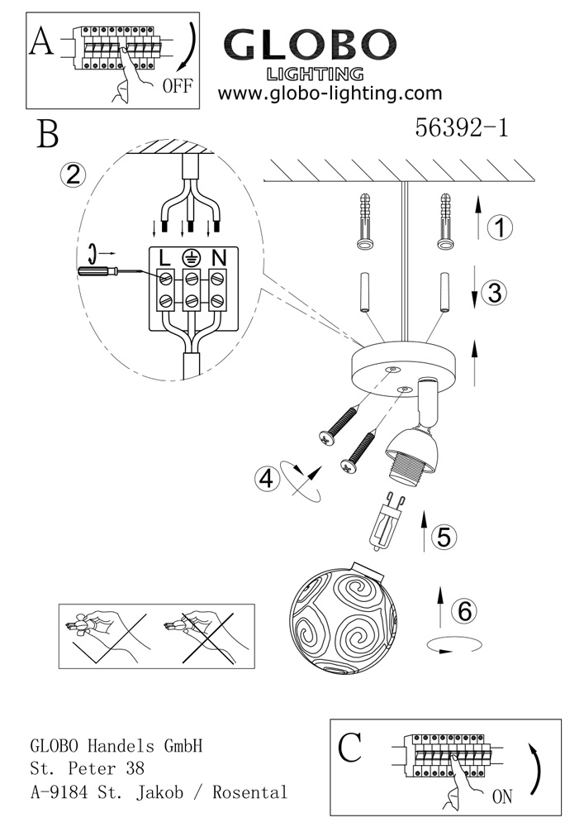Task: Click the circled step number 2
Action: [x=74, y=174]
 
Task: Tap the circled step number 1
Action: [x=500, y=227]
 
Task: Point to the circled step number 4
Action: [x=267, y=480]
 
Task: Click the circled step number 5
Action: [x=444, y=537]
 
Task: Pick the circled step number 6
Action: [x=464, y=610]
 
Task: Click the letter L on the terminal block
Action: [x=165, y=258]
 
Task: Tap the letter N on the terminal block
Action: [x=219, y=258]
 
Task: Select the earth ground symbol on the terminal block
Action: [x=190, y=257]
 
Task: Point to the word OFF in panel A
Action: [x=178, y=85]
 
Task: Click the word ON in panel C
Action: [x=502, y=796]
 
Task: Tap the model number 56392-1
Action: [x=462, y=127]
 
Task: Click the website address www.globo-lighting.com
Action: [x=330, y=93]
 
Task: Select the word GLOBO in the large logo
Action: [x=311, y=45]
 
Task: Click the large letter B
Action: [x=48, y=135]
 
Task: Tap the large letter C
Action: [x=349, y=748]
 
